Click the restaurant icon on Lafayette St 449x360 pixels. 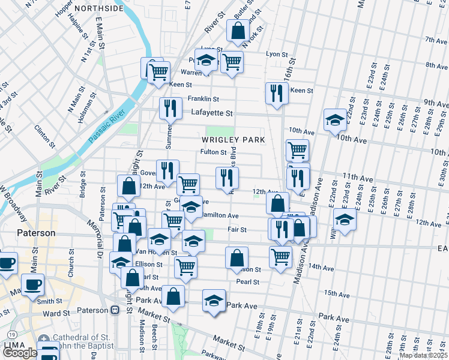coord(170,108)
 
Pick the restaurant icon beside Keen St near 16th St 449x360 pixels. coord(276,93)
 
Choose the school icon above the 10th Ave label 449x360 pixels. coord(334,120)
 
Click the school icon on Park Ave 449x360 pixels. coord(214,301)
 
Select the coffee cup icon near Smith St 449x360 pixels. coord(33,284)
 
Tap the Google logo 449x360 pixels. coord(19,353)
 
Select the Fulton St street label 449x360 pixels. coord(212,152)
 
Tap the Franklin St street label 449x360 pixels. coord(203,99)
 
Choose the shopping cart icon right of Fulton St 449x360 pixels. coord(297,149)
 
